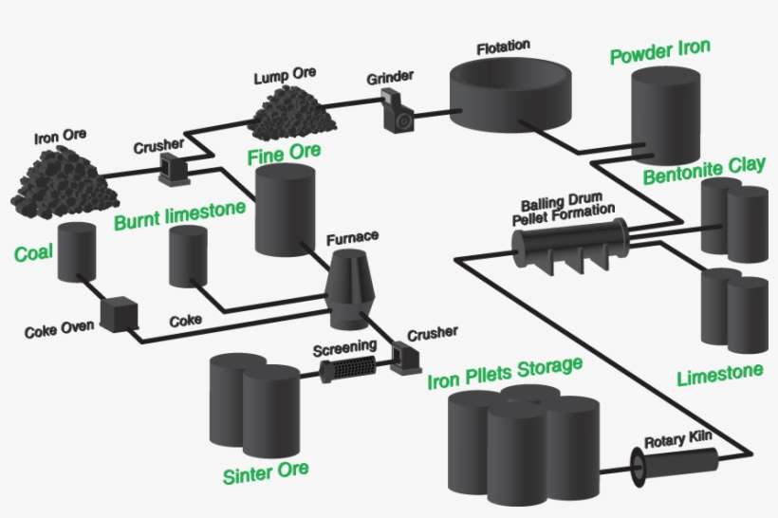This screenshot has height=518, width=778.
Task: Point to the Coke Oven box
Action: coord(120,315)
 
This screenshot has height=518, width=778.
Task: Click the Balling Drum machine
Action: coord(569,243)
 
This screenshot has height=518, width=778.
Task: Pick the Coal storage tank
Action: coord(75,252)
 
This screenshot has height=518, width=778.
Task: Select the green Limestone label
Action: coord(719,376)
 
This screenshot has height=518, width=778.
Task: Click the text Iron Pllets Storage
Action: coord(504,373)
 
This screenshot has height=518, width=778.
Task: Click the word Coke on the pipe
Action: coord(183,321)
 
